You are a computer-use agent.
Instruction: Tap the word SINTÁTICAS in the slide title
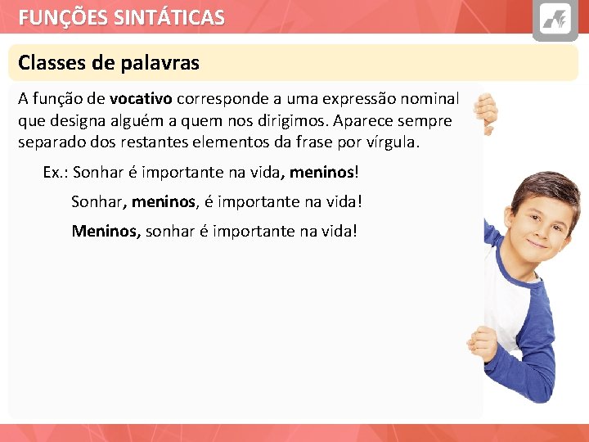166,17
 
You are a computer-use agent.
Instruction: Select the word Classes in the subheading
47,63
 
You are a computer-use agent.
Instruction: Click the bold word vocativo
140,99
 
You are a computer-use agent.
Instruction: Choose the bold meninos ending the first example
321,173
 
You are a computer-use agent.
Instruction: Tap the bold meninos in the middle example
164,201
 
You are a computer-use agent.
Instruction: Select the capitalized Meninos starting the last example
106,231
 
